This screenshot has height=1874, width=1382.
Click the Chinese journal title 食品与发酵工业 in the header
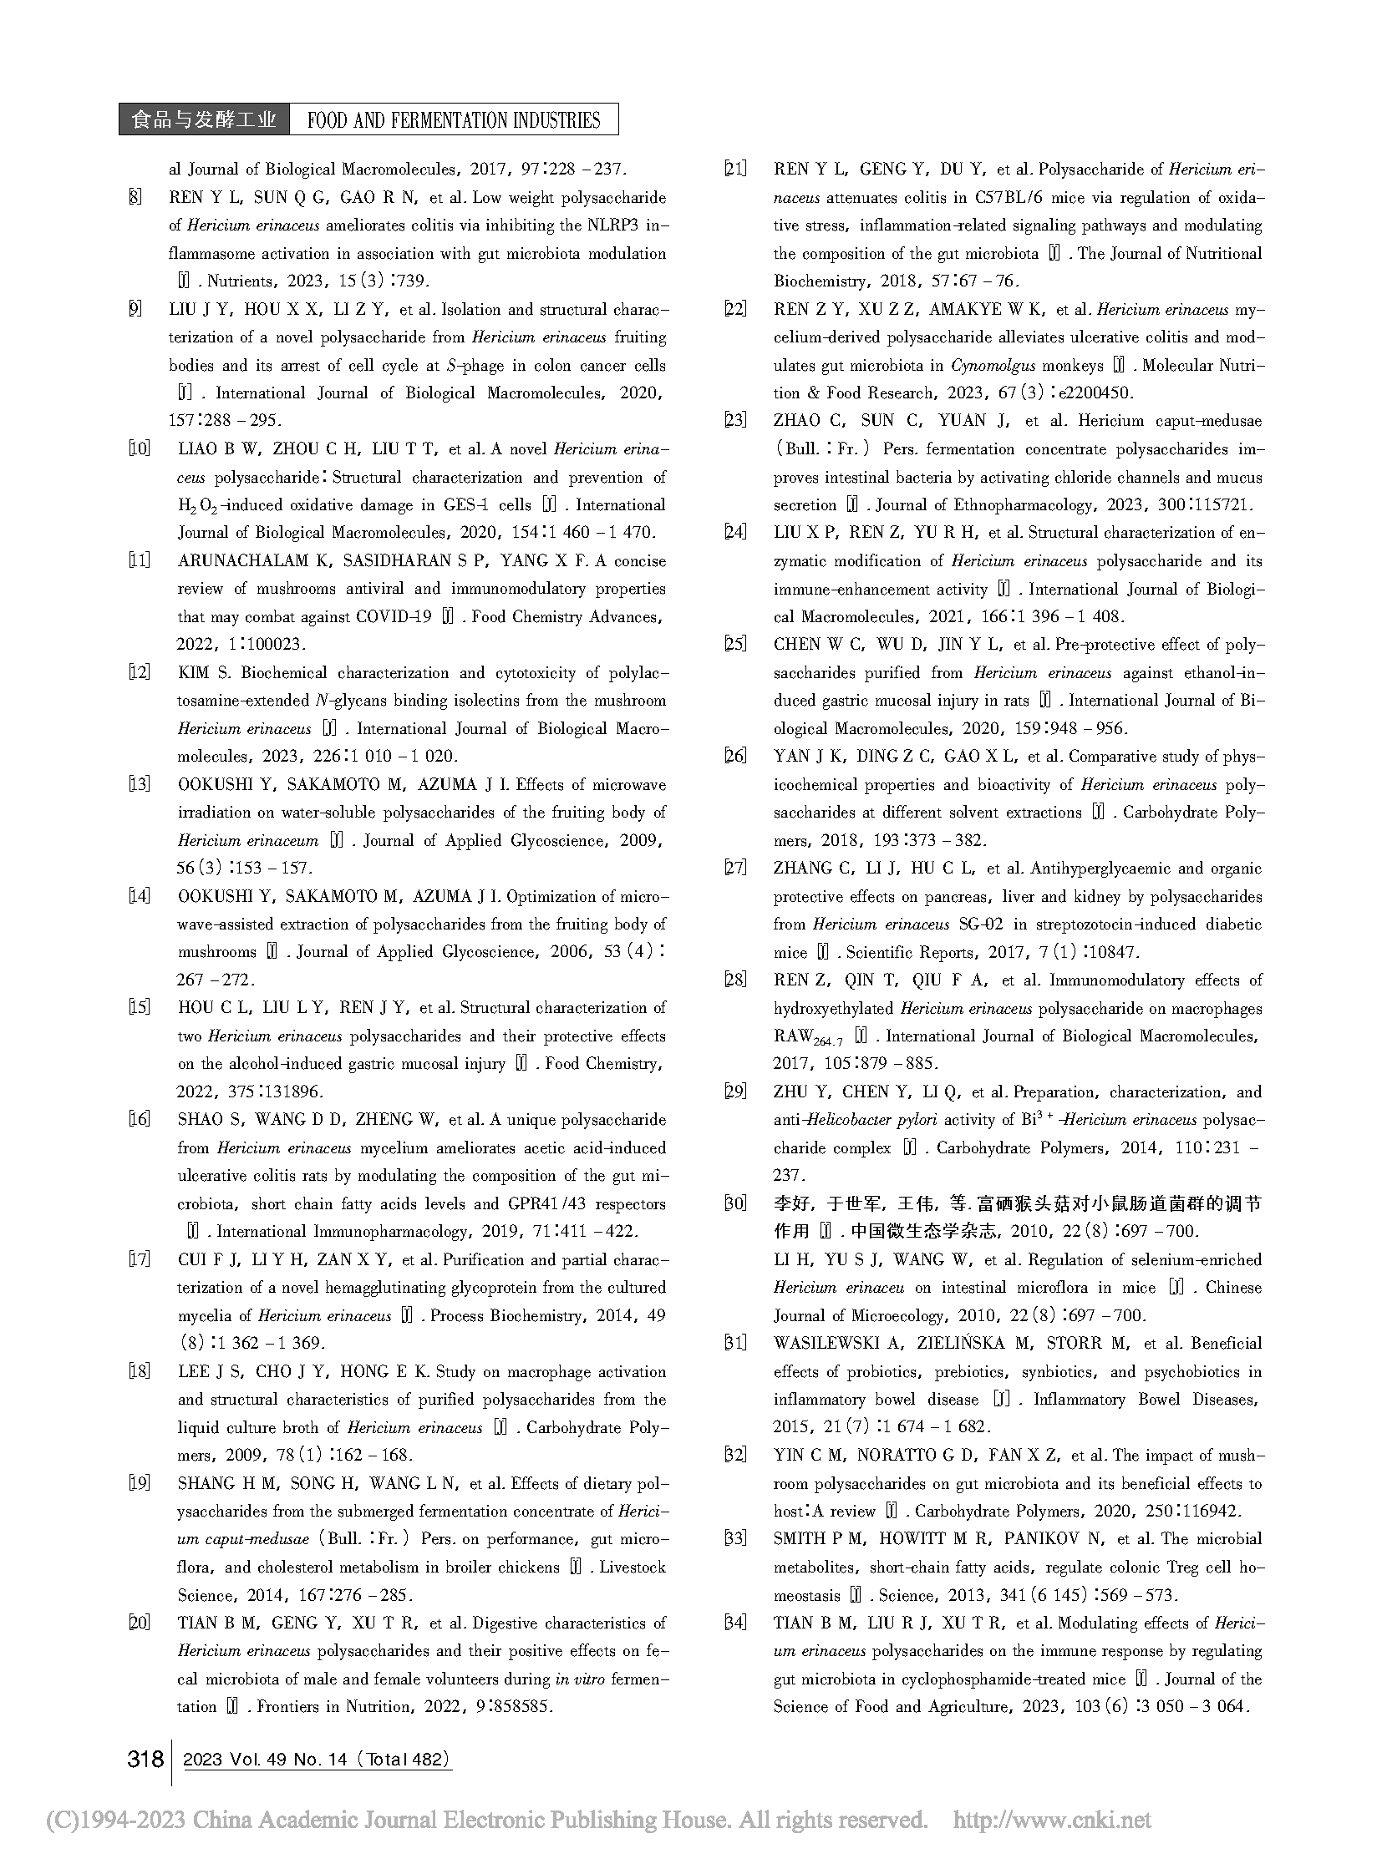(203, 120)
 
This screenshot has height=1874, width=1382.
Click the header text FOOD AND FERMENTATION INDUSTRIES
(454, 120)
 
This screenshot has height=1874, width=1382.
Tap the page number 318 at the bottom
(145, 1760)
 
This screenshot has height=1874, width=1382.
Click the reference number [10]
(139, 449)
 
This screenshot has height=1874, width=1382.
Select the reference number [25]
(734, 645)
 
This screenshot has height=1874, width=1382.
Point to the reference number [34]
(734, 1623)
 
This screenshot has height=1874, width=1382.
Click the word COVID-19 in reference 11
(394, 617)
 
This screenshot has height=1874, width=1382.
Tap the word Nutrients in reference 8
(239, 281)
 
